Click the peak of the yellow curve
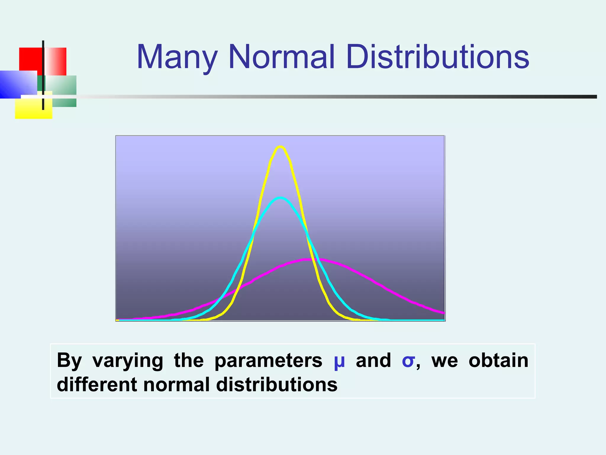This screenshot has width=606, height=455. [280, 146]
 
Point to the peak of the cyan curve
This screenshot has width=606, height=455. [280, 198]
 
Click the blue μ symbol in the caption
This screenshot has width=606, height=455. [339, 361]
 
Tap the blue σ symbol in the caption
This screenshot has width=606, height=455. [408, 361]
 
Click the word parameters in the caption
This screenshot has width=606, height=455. [268, 361]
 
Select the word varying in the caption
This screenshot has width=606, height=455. [128, 361]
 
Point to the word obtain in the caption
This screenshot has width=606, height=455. [498, 361]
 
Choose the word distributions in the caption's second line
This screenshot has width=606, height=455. [277, 384]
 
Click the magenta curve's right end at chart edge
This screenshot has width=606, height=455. [443, 313]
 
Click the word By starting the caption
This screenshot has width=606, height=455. [69, 361]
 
